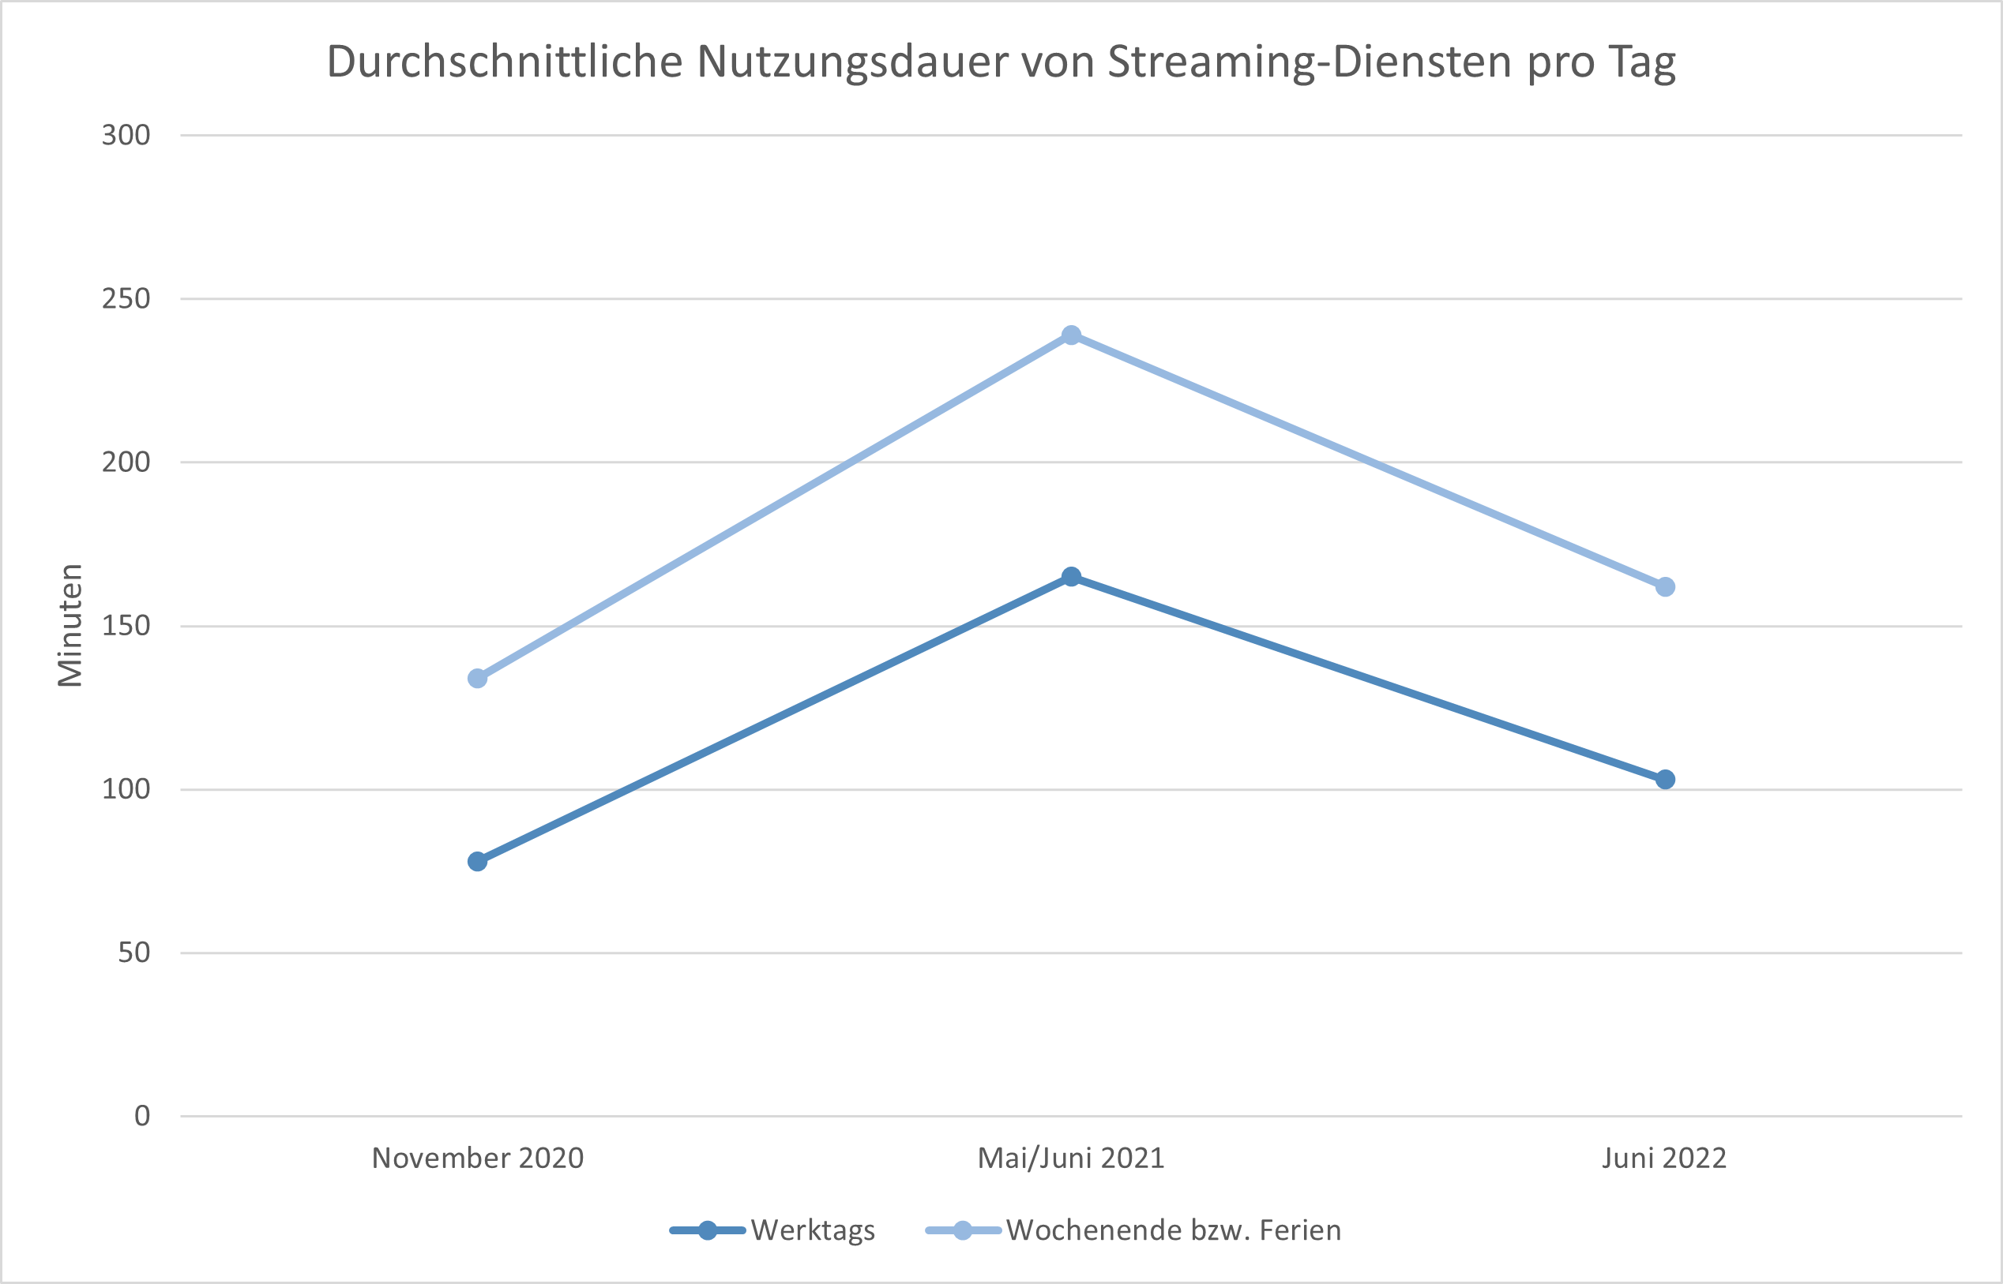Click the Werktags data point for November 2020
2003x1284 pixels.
pos(477,861)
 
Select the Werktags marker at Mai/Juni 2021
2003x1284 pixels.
pos(1071,577)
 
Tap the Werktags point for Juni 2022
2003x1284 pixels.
pos(1664,780)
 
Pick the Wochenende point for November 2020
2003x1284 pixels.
pos(477,679)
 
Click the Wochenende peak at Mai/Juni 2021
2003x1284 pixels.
pos(1071,335)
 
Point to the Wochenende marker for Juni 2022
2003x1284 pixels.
pos(1664,587)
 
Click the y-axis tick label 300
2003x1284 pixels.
pos(126,135)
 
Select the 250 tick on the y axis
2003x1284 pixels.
pos(126,298)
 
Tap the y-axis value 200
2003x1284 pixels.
pos(126,462)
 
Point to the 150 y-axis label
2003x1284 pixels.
pos(126,625)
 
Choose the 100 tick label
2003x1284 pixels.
pos(126,788)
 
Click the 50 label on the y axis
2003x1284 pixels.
pos(133,953)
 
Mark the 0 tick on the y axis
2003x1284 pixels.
pos(142,1116)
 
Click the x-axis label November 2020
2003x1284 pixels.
pos(477,1158)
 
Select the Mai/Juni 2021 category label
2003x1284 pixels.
pos(1071,1158)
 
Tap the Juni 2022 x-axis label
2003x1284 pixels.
pos(1664,1158)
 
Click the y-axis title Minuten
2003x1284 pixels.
pos(71,625)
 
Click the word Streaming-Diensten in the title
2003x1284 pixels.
pos(1310,62)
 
